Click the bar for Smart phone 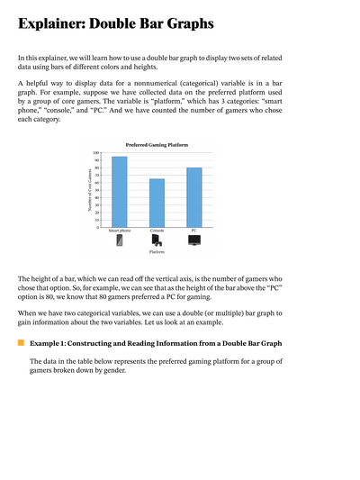(x=119, y=192)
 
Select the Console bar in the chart (x=157, y=203)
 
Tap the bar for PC (x=193, y=197)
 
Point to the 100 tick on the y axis (x=96, y=153)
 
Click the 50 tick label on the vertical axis (x=97, y=190)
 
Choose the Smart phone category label (x=119, y=231)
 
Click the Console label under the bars (x=157, y=231)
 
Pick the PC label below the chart (x=193, y=231)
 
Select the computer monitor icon (x=193, y=240)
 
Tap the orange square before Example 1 (x=21, y=343)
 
